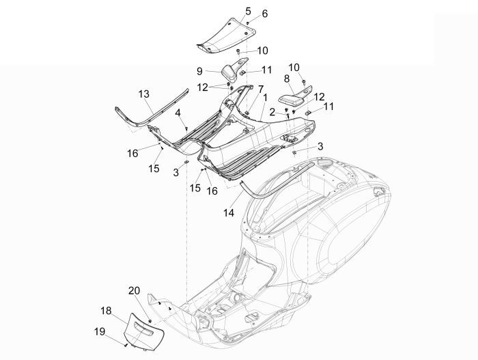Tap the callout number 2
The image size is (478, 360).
pyautogui.click(x=271, y=111)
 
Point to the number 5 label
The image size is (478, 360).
pyautogui.click(x=229, y=10)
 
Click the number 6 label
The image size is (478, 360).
pyautogui.click(x=246, y=14)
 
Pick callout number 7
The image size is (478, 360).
pyautogui.click(x=260, y=89)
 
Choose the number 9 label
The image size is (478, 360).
pyautogui.click(x=200, y=70)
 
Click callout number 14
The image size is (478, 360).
pyautogui.click(x=228, y=213)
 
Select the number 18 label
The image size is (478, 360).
pyautogui.click(x=106, y=311)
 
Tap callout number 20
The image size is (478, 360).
pyautogui.click(x=135, y=290)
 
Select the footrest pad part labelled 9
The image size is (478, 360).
pyautogui.click(x=229, y=71)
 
